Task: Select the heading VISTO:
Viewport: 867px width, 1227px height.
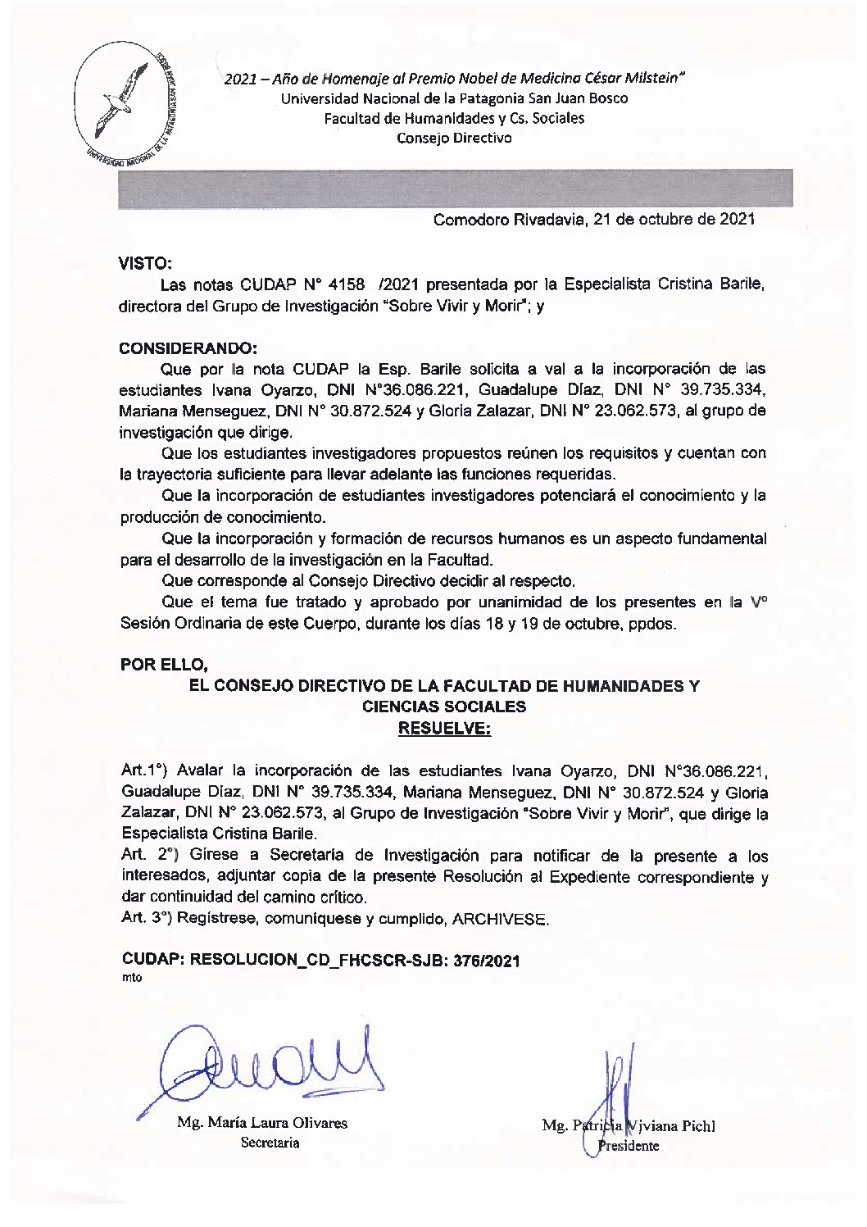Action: pos(145,264)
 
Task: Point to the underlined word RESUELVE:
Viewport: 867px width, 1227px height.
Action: pos(443,728)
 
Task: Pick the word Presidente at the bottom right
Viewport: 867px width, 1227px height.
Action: pos(629,1146)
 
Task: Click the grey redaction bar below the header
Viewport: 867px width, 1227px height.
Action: pos(455,187)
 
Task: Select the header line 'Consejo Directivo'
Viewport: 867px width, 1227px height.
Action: pos(454,139)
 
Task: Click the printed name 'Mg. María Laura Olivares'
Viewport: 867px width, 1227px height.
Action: pos(262,1123)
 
